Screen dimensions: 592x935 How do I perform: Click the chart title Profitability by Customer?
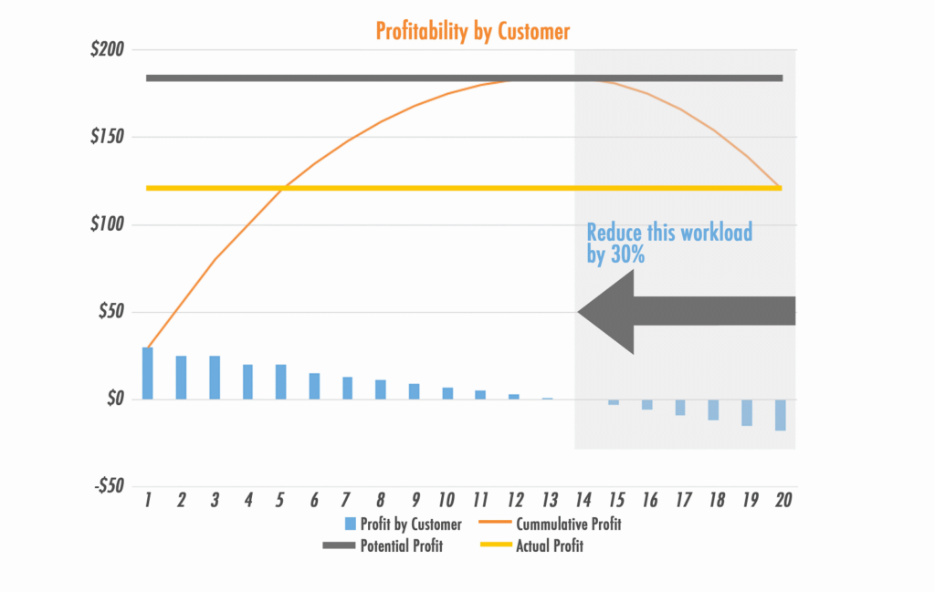point(473,32)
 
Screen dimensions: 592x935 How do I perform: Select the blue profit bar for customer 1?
point(148,373)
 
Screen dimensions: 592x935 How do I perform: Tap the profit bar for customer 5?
point(281,381)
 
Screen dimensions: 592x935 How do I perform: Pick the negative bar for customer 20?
point(781,414)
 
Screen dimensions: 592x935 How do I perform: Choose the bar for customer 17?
point(680,407)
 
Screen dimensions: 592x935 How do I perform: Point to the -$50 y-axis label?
point(108,486)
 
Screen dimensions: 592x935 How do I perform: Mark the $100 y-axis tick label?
point(107,224)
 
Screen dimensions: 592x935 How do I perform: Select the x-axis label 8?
point(381,500)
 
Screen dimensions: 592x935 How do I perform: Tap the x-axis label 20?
point(782,500)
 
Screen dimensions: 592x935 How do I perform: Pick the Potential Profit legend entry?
point(402,546)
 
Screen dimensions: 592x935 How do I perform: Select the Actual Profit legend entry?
point(549,546)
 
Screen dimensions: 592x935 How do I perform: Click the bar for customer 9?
point(414,391)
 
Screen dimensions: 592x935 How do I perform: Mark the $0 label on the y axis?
point(113,400)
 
